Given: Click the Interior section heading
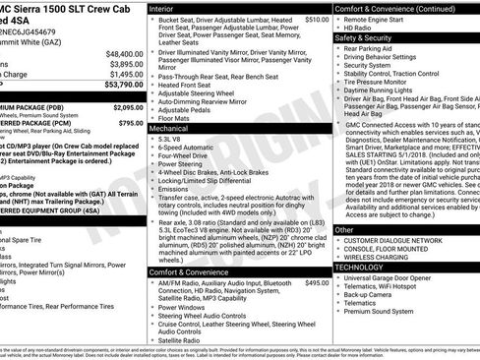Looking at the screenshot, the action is click(162, 7).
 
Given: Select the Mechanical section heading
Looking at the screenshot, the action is click(169, 128).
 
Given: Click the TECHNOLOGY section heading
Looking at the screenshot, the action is click(359, 267).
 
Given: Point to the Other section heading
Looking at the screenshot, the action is click(344, 229).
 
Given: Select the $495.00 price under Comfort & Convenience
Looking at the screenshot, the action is click(317, 282).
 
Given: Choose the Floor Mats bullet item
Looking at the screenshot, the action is click(178, 118).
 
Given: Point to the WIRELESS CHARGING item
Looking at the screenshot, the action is click(384, 258).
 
